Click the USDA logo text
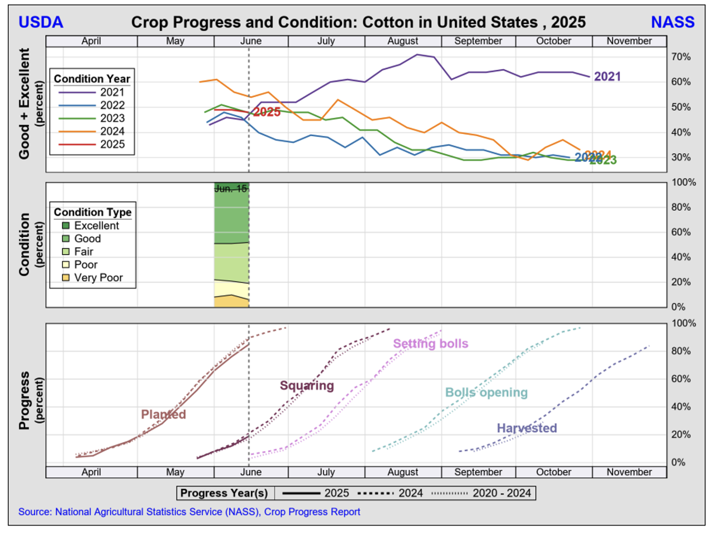click(41, 22)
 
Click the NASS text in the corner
click(673, 22)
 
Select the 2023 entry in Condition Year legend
click(112, 118)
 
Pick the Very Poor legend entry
click(98, 278)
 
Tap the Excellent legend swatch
click(66, 226)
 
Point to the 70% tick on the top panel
click(681, 57)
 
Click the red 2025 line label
click(267, 112)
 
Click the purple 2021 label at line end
click(607, 77)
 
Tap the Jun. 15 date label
click(231, 189)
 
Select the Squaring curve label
click(307, 386)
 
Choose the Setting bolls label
click(430, 344)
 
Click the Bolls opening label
click(486, 393)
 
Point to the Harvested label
click(527, 428)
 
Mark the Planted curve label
click(163, 414)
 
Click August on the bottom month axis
click(403, 472)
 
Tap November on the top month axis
click(629, 41)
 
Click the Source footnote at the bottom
click(189, 512)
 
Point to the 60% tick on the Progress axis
click(681, 379)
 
